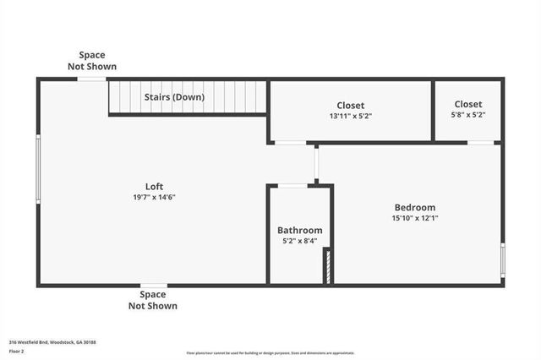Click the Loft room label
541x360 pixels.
pyautogui.click(x=153, y=187)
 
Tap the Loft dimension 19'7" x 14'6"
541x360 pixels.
pyautogui.click(x=153, y=197)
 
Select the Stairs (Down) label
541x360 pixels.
pyautogui.click(x=174, y=97)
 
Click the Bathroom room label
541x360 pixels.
pyautogui.click(x=300, y=230)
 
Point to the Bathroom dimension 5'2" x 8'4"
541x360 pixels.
pyautogui.click(x=300, y=240)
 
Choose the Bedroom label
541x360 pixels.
pyautogui.click(x=414, y=208)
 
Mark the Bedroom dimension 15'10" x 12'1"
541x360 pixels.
pyautogui.click(x=414, y=218)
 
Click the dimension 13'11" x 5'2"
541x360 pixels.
pyautogui.click(x=351, y=116)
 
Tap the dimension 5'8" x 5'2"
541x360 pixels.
pyautogui.click(x=468, y=115)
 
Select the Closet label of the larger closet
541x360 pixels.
pyautogui.click(x=351, y=106)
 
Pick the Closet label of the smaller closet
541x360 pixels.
pyautogui.click(x=468, y=105)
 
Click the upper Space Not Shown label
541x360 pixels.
pyautogui.click(x=92, y=61)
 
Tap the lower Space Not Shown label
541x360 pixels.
pyautogui.click(x=153, y=300)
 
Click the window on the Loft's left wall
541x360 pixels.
pyautogui.click(x=38, y=170)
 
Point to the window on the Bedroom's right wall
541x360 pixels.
pyautogui.click(x=502, y=259)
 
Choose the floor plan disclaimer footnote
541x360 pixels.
pyautogui.click(x=270, y=353)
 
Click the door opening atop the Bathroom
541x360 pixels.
pyautogui.click(x=293, y=185)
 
